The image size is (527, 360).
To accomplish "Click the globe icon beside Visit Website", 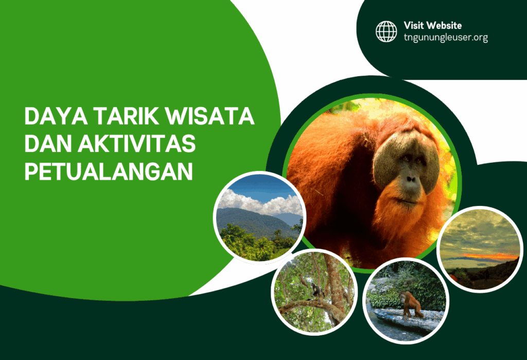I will [386, 31].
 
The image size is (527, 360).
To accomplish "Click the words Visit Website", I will [432, 25].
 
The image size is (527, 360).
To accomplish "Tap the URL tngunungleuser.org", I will [446, 37].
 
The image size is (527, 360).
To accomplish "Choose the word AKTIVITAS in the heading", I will [136, 145].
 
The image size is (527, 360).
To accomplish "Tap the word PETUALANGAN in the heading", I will [109, 172].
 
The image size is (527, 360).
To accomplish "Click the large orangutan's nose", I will [410, 180].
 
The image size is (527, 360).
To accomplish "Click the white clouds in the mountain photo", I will [257, 203].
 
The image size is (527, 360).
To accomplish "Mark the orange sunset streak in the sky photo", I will [491, 256].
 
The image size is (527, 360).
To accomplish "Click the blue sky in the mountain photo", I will [268, 185].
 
